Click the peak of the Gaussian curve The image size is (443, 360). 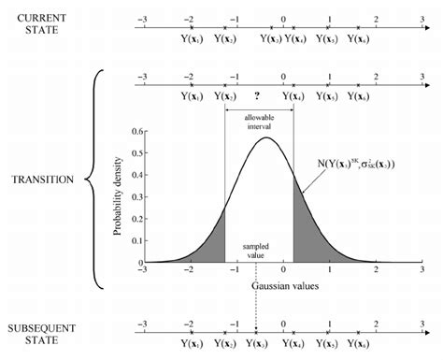pos(268,138)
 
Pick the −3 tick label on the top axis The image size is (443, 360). pos(142,18)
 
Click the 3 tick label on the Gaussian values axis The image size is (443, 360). pos(378,270)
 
